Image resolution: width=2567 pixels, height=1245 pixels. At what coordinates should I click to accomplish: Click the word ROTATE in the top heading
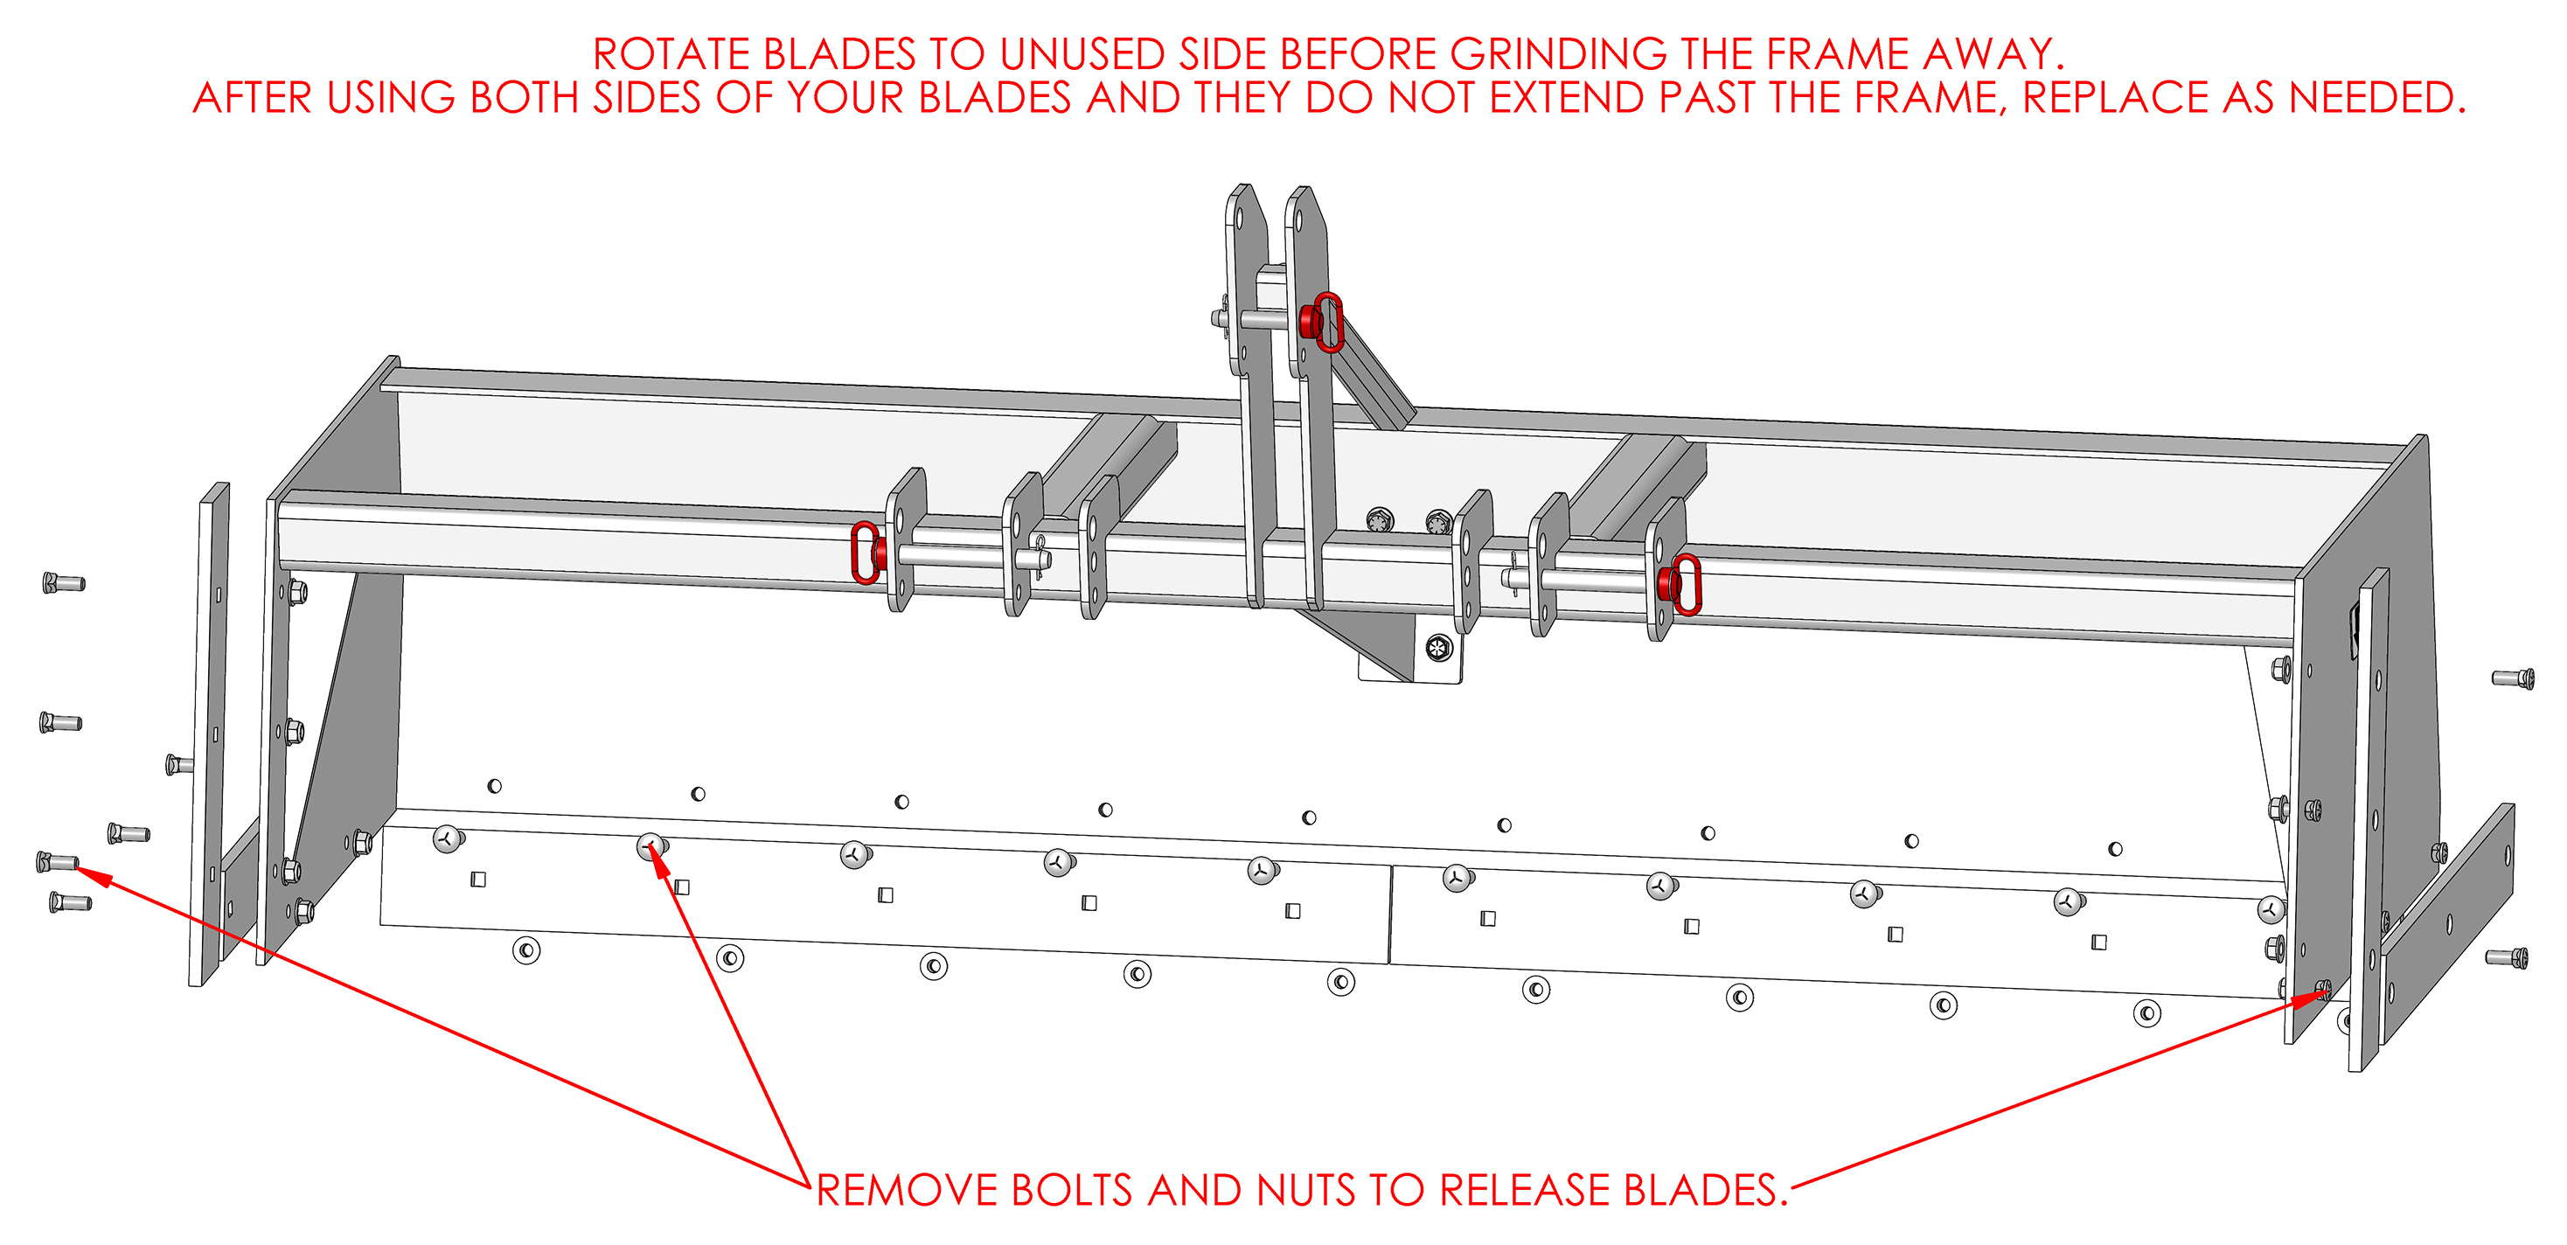pos(671,54)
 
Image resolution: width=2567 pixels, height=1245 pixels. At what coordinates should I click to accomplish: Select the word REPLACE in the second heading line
pos(2102,98)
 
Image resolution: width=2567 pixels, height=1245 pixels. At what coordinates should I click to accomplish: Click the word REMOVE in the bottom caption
pos(906,1190)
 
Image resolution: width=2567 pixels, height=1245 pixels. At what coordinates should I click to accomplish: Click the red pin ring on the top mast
pos(1326,322)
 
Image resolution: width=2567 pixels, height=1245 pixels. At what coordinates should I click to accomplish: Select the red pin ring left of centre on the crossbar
pos(865,553)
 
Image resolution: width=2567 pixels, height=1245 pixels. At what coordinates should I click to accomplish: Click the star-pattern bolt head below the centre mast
pos(1438,649)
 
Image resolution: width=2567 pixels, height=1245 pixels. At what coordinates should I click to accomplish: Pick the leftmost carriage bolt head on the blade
pos(449,839)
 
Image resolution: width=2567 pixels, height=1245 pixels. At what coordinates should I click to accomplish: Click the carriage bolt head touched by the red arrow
pos(651,847)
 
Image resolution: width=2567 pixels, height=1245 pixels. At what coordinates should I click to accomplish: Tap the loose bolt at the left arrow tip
pos(57,861)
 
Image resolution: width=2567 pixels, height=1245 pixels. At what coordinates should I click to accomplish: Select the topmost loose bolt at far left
pos(64,582)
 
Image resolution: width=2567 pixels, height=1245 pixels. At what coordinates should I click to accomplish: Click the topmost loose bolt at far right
pos(2513,678)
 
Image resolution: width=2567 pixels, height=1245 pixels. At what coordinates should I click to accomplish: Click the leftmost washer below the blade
pos(526,950)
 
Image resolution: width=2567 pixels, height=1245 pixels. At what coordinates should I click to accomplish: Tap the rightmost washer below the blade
pos(2146,1013)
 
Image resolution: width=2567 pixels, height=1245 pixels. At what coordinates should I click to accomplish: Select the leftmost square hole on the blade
pos(478,880)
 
